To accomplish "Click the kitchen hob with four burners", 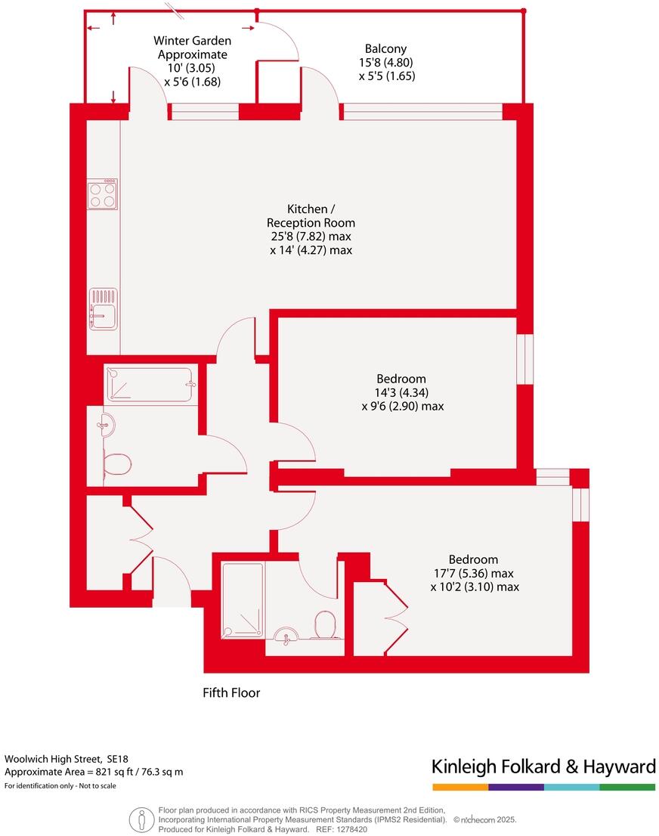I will point(103,194).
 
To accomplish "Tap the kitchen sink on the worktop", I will point(103,309).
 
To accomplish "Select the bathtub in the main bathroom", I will point(151,384).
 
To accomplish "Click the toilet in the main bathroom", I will point(116,464).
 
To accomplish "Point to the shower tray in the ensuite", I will point(242,601).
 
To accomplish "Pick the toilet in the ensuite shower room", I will point(326,626).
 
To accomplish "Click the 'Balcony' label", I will point(385,49).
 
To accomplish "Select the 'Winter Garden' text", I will point(192,41).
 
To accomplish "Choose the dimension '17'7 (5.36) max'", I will point(474,573).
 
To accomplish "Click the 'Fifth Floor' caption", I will point(231,692).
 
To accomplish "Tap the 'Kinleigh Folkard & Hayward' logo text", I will point(543,766).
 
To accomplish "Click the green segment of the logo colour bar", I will point(627,787).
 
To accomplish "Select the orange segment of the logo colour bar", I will point(459,787).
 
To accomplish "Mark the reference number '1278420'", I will point(353,828).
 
